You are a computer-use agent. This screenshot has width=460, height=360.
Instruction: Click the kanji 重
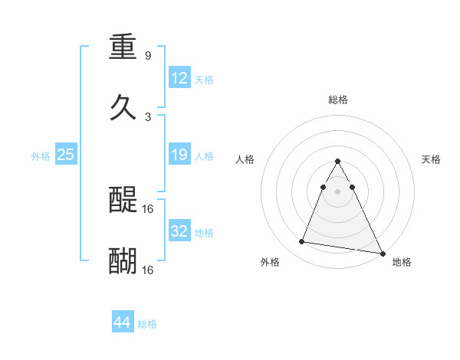pyautogui.click(x=123, y=47)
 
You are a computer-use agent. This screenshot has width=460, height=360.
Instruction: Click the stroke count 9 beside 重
pyautogui.click(x=147, y=56)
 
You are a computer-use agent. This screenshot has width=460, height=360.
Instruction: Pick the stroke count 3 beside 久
pyautogui.click(x=147, y=117)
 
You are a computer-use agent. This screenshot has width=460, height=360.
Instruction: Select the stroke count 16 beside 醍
pyautogui.click(x=149, y=208)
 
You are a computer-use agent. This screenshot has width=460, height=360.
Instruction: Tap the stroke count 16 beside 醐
pyautogui.click(x=149, y=270)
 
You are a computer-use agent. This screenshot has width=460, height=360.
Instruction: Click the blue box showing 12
pyautogui.click(x=179, y=78)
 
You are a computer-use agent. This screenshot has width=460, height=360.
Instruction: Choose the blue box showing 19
pyautogui.click(x=179, y=155)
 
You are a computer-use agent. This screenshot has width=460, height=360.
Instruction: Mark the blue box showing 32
pyautogui.click(x=179, y=231)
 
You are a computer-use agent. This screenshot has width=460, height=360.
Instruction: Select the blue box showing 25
pyautogui.click(x=66, y=155)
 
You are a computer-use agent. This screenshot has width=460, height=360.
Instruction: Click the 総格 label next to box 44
pyautogui.click(x=147, y=324)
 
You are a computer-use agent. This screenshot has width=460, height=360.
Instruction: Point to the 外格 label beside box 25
pyautogui.click(x=41, y=156)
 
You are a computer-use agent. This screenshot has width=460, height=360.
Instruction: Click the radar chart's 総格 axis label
pyautogui.click(x=338, y=100)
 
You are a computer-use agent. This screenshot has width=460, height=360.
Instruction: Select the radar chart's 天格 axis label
pyautogui.click(x=432, y=159)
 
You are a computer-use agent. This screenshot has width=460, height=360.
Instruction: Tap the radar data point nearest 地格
pyautogui.click(x=382, y=254)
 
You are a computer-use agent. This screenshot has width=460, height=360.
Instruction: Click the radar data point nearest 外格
pyautogui.click(x=302, y=242)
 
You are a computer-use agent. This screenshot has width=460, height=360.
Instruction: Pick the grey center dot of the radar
pyautogui.click(x=337, y=191)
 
